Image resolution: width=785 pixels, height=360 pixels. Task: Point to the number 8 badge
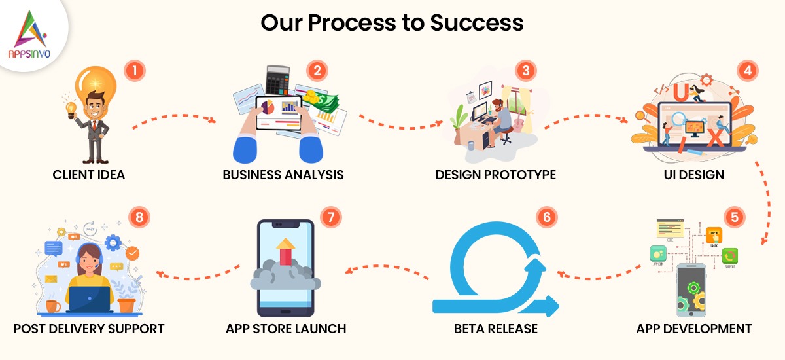(x=139, y=219)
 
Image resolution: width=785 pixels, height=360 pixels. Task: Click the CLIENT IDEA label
(x=89, y=175)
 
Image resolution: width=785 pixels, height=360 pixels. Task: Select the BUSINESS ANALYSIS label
(x=283, y=175)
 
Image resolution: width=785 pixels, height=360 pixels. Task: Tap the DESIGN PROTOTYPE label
(x=496, y=175)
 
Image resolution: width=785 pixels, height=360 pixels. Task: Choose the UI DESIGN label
(x=692, y=175)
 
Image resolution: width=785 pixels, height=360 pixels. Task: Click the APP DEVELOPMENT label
(x=694, y=328)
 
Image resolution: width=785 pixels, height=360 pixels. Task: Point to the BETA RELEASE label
(x=496, y=328)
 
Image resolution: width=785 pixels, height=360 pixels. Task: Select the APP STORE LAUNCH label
(x=285, y=328)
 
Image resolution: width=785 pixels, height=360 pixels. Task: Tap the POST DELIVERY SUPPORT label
(x=89, y=328)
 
